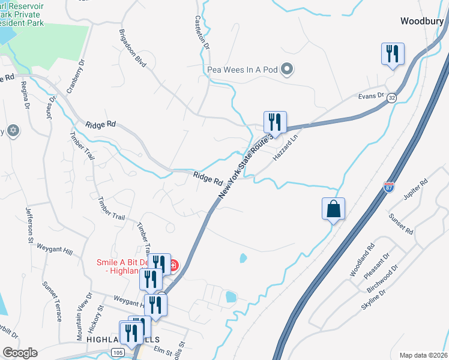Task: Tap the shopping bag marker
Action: (x=333, y=209)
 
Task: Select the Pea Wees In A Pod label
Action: (x=243, y=70)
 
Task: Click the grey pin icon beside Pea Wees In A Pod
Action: (x=287, y=69)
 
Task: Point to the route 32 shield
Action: (x=391, y=97)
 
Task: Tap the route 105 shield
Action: (x=116, y=352)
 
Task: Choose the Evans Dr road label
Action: (x=370, y=95)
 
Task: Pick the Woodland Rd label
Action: (x=362, y=260)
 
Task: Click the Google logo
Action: (x=20, y=353)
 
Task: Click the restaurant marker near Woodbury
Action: (x=393, y=53)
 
